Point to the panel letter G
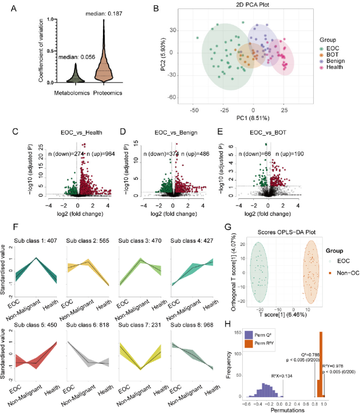click(228, 228)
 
